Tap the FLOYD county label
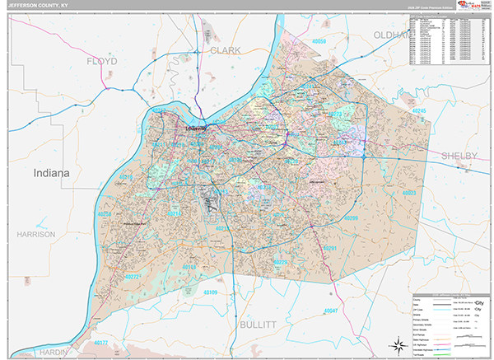[x=103, y=61]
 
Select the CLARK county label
[x=225, y=50]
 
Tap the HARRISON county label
[x=35, y=234]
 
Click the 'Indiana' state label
[x=52, y=174]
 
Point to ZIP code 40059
[x=314, y=41]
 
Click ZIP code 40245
[x=420, y=110]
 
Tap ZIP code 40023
[x=409, y=191]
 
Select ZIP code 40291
[x=330, y=247]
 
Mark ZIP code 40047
[x=332, y=311]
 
